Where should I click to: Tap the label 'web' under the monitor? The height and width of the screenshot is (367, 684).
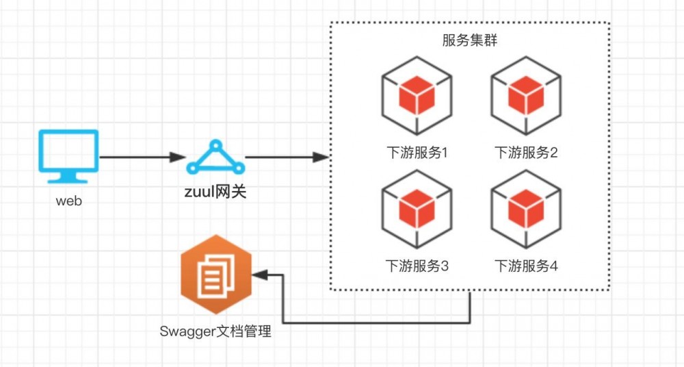point(68,202)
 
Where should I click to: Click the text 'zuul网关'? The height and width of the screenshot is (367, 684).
point(215,191)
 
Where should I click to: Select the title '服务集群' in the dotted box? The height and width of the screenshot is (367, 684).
point(469,40)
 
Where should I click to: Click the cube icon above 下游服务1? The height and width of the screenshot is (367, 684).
point(417,97)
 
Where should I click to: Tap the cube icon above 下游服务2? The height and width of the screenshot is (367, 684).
point(526,97)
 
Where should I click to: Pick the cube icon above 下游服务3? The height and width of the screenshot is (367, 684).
point(417,210)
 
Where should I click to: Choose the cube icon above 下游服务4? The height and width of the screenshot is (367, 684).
point(526,210)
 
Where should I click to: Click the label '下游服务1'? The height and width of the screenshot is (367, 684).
point(417,152)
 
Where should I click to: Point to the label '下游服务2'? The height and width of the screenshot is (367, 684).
point(526,152)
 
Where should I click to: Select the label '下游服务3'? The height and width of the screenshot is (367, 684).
point(417,266)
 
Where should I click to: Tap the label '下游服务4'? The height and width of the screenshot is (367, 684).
point(526,266)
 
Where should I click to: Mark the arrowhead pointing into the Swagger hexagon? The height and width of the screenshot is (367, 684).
point(259,275)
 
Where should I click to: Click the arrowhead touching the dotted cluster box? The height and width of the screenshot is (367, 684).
point(321,157)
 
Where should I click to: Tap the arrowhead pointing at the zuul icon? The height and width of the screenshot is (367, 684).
point(179,157)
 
